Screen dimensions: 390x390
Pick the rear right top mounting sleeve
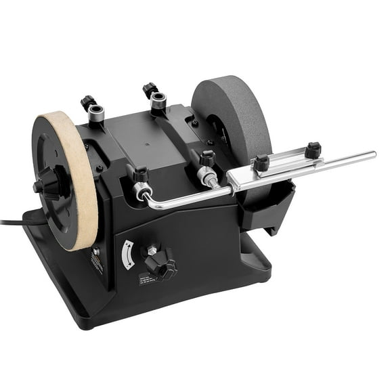(x=158, y=102)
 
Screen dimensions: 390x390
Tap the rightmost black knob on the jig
(x=312, y=149)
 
